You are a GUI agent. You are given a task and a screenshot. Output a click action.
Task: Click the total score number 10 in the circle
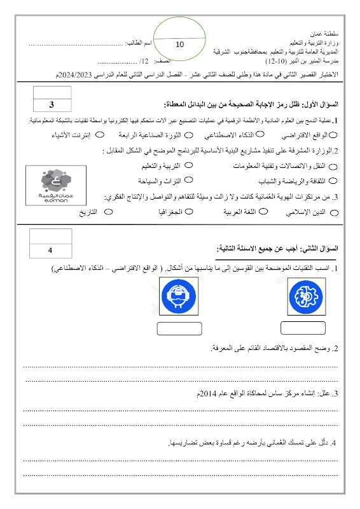tap(179, 44)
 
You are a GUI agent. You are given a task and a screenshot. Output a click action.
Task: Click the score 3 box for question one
tap(52, 105)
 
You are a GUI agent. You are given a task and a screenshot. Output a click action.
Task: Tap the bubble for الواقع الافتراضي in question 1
tap(335, 136)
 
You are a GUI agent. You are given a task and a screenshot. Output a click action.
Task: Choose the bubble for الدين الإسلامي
tap(335, 212)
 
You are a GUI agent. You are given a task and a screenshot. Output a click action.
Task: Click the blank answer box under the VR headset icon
tap(179, 328)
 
